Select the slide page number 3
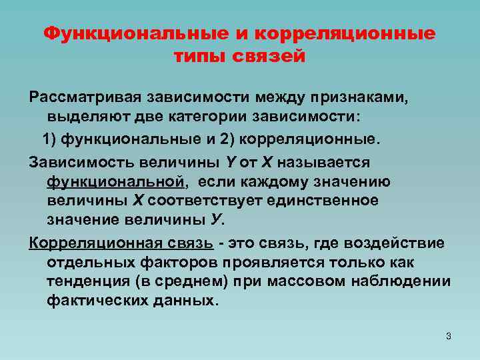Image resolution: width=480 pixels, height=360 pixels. [449, 336]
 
